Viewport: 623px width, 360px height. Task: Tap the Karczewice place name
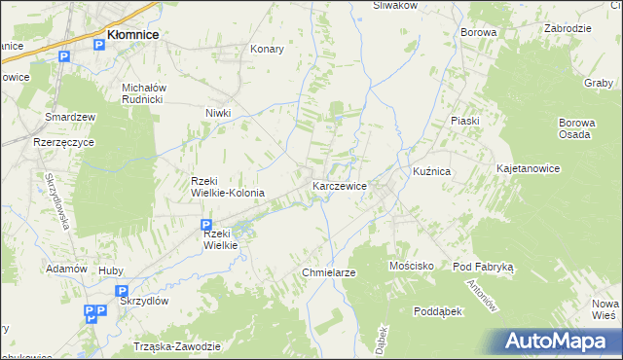tap(339, 185)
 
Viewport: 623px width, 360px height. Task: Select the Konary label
tap(267, 49)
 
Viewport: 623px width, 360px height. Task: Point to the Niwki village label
tap(217, 112)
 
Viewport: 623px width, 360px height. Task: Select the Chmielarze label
tap(328, 273)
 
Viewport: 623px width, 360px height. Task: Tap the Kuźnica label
tap(431, 171)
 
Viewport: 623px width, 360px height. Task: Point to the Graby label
tap(597, 83)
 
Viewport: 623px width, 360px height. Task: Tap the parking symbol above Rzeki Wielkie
tap(206, 224)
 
